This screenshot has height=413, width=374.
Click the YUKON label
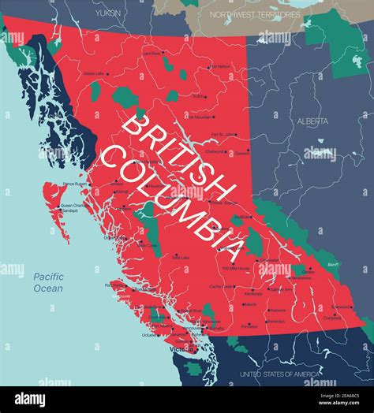click(108, 13)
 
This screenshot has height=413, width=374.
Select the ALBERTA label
click(313, 121)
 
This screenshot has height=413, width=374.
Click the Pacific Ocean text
click(49, 282)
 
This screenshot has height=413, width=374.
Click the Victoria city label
click(181, 348)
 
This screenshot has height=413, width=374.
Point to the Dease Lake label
click(94, 73)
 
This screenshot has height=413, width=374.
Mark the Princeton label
click(249, 326)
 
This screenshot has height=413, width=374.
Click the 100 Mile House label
click(234, 269)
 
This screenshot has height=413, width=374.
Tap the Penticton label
click(275, 321)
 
